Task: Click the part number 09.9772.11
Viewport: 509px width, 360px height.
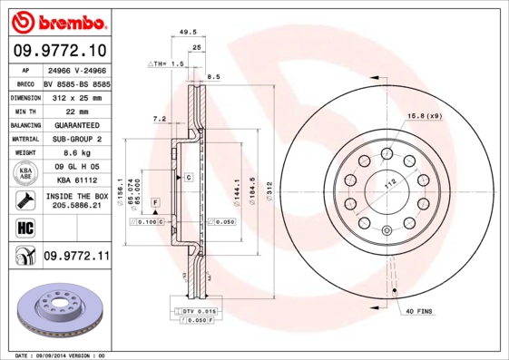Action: coord(76,258)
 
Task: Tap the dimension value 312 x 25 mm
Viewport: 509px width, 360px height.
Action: coord(76,96)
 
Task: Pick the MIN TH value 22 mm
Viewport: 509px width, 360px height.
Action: coord(76,111)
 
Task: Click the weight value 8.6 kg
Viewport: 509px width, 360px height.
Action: coord(76,153)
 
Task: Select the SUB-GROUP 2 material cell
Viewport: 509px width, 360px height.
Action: coord(76,139)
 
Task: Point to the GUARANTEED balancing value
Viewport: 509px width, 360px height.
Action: coord(76,125)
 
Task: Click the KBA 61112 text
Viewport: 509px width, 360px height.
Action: coord(76,181)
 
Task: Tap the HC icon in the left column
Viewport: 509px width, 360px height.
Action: coord(23,227)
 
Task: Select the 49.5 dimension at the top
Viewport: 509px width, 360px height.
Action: coord(189,32)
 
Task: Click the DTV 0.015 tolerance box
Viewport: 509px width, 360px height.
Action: coord(197,311)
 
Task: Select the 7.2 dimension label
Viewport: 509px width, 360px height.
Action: coord(159,118)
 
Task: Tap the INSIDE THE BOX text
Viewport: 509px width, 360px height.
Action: coord(76,196)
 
